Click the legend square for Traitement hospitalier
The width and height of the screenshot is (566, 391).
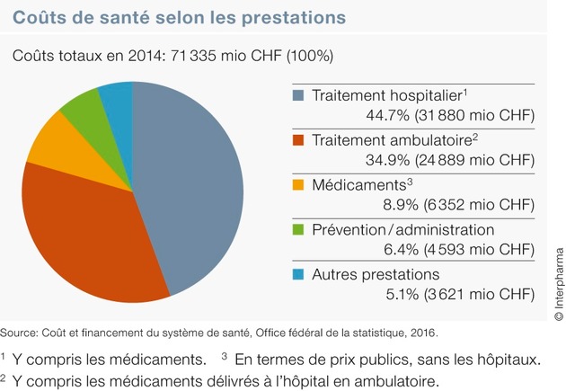point(298,95)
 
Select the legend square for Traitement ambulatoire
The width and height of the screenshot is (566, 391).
point(298,140)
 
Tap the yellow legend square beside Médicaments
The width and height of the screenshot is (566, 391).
point(298,185)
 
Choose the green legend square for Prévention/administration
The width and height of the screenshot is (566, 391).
point(298,229)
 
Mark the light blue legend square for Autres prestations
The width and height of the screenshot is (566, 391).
point(298,274)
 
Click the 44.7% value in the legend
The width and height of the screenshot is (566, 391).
point(388,115)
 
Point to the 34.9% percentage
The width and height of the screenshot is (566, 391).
point(388,160)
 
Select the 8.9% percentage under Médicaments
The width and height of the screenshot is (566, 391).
point(401,205)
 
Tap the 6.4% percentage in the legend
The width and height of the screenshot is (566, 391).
point(401,250)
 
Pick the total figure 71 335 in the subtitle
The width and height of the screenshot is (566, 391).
point(193,56)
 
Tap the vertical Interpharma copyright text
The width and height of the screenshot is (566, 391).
point(559,284)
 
